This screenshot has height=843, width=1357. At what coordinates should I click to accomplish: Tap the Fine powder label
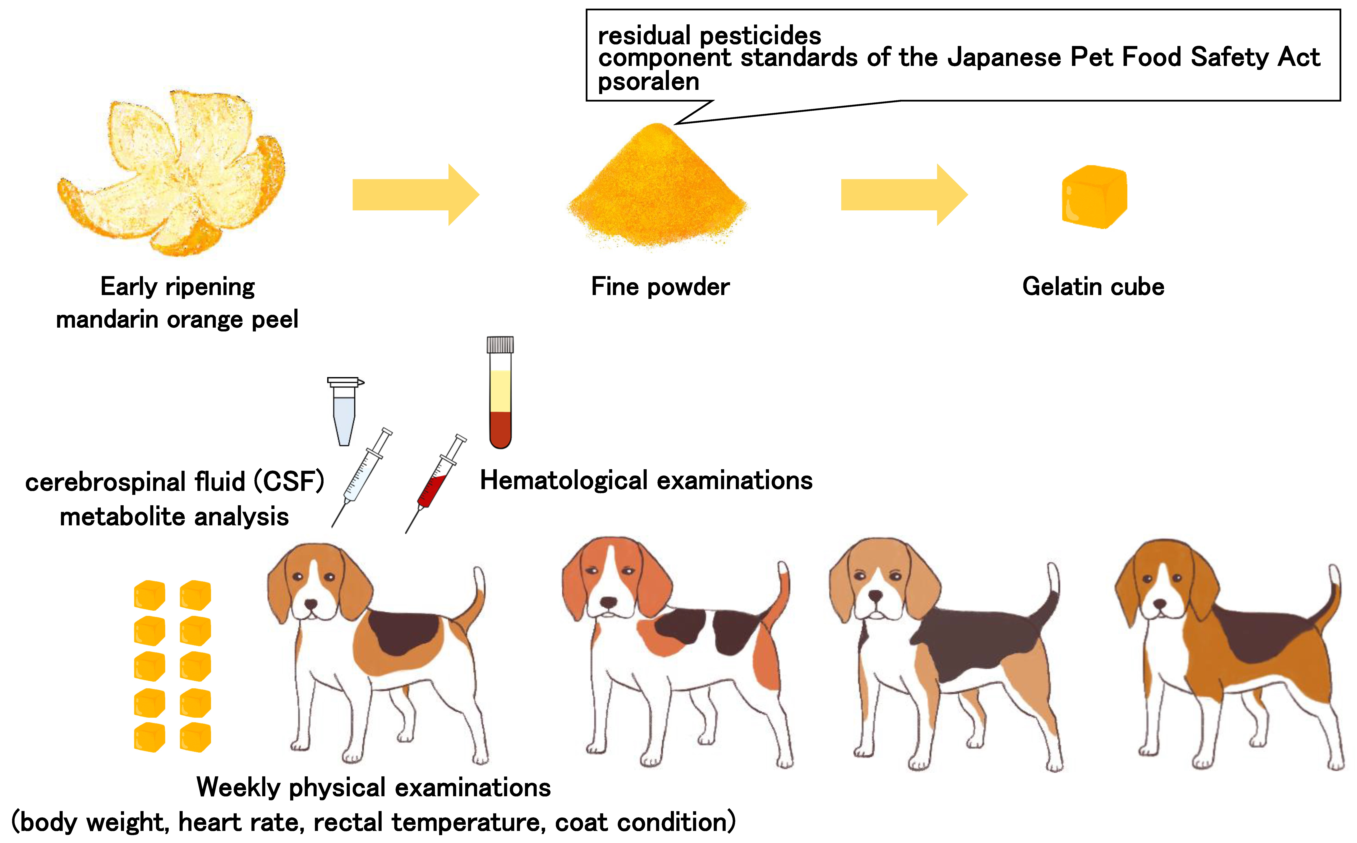point(660,287)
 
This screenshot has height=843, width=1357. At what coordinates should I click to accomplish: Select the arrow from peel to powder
point(416,195)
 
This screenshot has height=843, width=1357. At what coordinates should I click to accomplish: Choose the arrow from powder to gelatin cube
point(904,195)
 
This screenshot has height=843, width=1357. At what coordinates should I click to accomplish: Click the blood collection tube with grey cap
point(500,393)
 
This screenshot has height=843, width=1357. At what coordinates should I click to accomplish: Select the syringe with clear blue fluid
point(362,477)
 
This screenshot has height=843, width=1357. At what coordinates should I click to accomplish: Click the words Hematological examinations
point(646,481)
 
